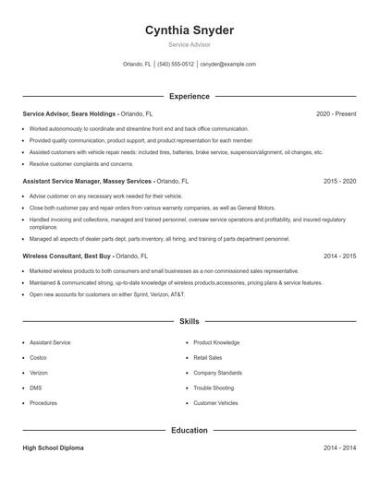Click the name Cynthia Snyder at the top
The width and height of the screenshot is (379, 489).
(x=189, y=30)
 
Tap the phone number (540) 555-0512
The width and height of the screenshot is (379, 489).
(x=176, y=65)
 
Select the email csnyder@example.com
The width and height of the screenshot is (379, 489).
(x=228, y=65)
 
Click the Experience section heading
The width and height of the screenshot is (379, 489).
(x=189, y=96)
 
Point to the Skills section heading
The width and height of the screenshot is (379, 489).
(x=189, y=321)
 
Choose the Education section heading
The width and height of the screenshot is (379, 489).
(x=189, y=430)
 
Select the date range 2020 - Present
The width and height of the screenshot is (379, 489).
(x=336, y=113)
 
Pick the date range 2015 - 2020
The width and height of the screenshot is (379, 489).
(x=339, y=182)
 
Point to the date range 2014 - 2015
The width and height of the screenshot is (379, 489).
(x=339, y=256)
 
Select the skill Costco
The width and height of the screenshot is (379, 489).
(x=38, y=357)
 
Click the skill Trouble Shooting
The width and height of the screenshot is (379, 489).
(x=213, y=388)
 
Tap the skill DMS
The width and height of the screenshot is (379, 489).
(x=35, y=388)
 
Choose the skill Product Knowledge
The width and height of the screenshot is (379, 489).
(x=216, y=342)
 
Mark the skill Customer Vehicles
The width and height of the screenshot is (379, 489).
(x=215, y=403)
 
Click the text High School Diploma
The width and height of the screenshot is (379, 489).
(x=54, y=447)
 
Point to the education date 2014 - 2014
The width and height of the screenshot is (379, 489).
(x=339, y=447)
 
